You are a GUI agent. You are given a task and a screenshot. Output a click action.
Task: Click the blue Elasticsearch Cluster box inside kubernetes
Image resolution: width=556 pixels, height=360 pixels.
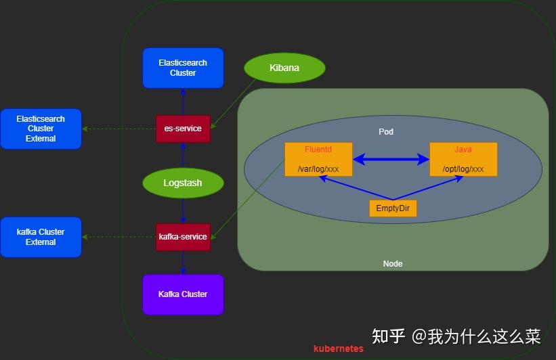[183, 68]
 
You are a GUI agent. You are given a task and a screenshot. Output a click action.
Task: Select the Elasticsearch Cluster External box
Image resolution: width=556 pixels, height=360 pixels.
[41, 129]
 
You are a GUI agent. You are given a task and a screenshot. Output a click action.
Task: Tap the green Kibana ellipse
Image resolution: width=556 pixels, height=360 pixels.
[284, 68]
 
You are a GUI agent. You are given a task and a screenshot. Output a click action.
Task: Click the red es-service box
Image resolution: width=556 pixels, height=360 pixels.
[183, 129]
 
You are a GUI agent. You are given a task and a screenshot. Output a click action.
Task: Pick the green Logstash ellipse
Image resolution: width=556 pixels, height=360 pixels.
[183, 183]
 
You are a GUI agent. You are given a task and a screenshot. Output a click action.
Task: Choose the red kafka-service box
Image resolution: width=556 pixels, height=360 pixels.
[183, 237]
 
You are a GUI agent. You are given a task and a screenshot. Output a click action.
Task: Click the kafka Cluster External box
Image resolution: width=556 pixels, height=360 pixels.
[41, 237]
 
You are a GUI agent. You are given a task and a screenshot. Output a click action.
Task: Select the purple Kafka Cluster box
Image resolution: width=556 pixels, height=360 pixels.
[183, 294]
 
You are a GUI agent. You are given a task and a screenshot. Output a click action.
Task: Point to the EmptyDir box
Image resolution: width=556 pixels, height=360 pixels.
[393, 208]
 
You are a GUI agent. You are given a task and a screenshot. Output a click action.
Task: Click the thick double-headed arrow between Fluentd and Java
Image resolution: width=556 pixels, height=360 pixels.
[391, 160]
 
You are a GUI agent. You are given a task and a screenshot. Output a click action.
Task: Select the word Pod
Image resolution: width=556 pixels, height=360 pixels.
[386, 132]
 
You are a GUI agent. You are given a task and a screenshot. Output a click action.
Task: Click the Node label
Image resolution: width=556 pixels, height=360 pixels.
[393, 264]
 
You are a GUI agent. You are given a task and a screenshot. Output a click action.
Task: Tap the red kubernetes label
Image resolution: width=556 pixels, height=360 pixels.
[339, 349]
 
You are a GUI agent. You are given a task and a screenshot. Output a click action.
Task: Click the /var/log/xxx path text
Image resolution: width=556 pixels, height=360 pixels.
[318, 168]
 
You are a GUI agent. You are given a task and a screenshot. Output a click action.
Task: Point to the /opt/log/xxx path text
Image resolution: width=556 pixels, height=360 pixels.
[463, 168]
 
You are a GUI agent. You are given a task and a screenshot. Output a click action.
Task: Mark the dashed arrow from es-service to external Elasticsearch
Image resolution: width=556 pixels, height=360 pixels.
[119, 129]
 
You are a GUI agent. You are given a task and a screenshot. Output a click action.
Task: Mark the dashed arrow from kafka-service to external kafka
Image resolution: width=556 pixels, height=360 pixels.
[119, 237]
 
